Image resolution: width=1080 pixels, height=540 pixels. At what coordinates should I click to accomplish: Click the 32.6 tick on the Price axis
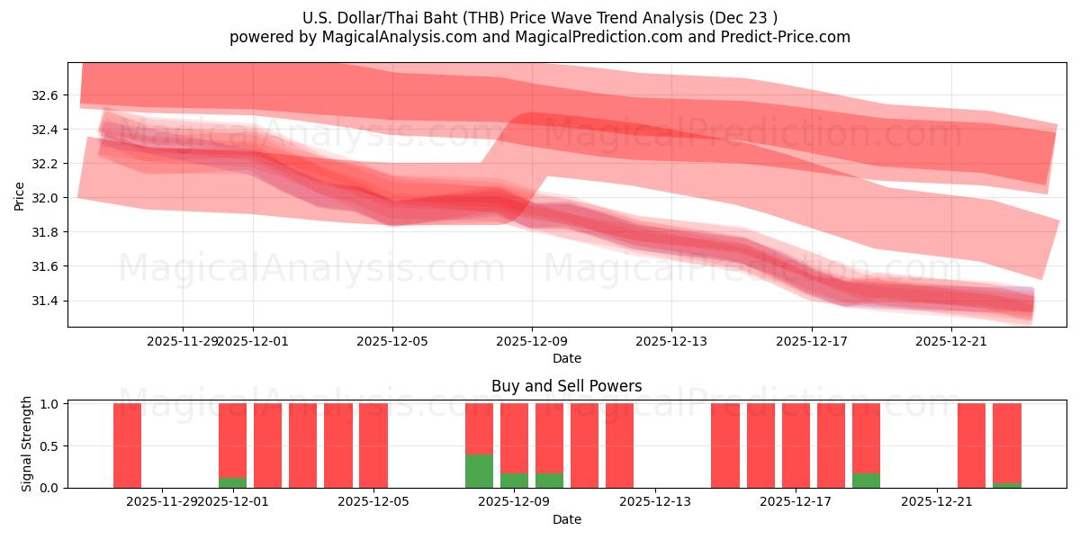(x=46, y=95)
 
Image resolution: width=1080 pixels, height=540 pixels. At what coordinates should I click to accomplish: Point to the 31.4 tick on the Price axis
(x=46, y=301)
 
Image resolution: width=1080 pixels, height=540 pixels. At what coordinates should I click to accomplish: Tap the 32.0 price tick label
(x=46, y=198)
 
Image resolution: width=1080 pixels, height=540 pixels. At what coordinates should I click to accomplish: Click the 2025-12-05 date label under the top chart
(x=392, y=341)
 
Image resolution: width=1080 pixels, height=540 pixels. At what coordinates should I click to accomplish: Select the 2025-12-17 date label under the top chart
(x=812, y=341)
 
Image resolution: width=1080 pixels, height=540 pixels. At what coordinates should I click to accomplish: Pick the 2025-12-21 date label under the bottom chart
(x=937, y=502)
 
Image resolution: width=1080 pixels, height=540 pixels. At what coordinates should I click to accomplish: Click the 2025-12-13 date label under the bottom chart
(x=655, y=502)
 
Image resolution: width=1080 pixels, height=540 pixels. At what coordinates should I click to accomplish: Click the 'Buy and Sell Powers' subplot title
(x=566, y=386)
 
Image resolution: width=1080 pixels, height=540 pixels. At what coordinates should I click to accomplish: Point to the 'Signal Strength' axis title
(x=27, y=444)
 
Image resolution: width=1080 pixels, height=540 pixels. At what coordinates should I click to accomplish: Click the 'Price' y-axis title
(x=20, y=195)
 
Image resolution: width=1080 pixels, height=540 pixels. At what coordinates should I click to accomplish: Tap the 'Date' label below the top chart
(x=566, y=358)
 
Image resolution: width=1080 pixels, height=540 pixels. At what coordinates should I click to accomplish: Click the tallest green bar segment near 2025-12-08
(x=479, y=471)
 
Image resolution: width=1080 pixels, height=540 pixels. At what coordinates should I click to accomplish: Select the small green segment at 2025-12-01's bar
(x=232, y=482)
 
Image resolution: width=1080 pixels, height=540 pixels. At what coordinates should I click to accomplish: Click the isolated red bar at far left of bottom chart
(x=127, y=445)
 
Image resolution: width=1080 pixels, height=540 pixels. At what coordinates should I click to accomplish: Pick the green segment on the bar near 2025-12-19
(x=866, y=481)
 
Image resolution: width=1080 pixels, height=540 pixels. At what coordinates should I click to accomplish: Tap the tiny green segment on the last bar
(x=1007, y=485)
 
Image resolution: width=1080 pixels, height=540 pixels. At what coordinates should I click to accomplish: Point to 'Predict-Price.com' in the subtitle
(x=782, y=37)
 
